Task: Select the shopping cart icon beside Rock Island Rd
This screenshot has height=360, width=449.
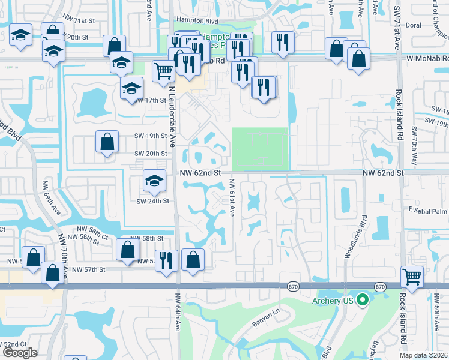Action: [412, 276]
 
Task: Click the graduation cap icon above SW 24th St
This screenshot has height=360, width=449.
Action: [154, 180]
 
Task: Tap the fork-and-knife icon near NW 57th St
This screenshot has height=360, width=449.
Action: [167, 260]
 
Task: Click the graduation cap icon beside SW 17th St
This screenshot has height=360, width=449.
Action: [131, 88]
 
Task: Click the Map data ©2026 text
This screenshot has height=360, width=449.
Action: [421, 355]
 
